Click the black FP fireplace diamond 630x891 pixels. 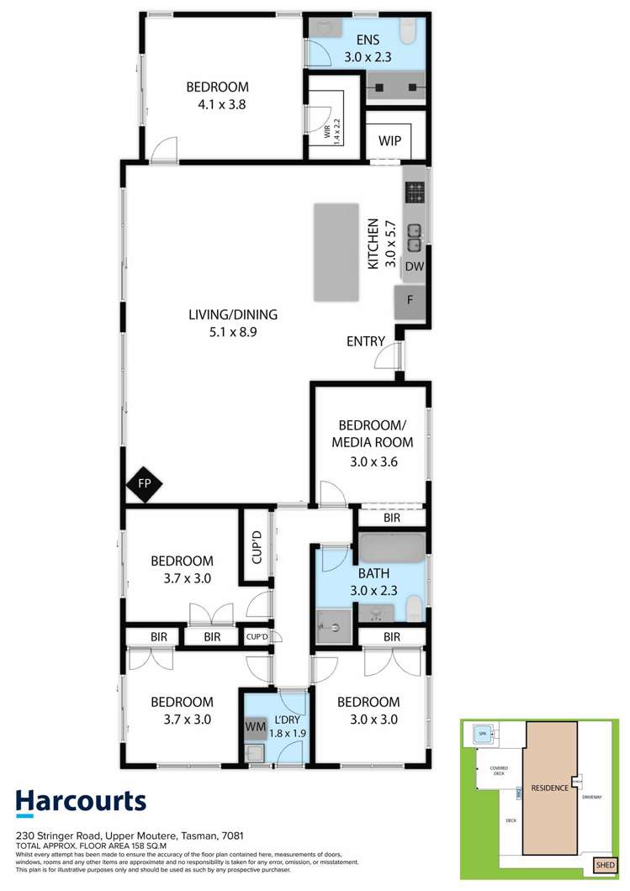(x=144, y=485)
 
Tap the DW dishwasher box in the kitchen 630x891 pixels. (x=413, y=266)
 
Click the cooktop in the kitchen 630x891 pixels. (x=415, y=193)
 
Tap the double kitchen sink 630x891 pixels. (x=415, y=237)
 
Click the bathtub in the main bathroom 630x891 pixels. (x=392, y=547)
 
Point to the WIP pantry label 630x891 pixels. (x=389, y=140)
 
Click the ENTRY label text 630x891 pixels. (x=366, y=341)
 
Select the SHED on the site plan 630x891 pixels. (x=605, y=863)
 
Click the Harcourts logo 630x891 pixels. (x=82, y=804)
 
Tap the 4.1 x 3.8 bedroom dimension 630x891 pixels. (x=216, y=105)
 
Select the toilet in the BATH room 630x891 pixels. (x=412, y=609)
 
